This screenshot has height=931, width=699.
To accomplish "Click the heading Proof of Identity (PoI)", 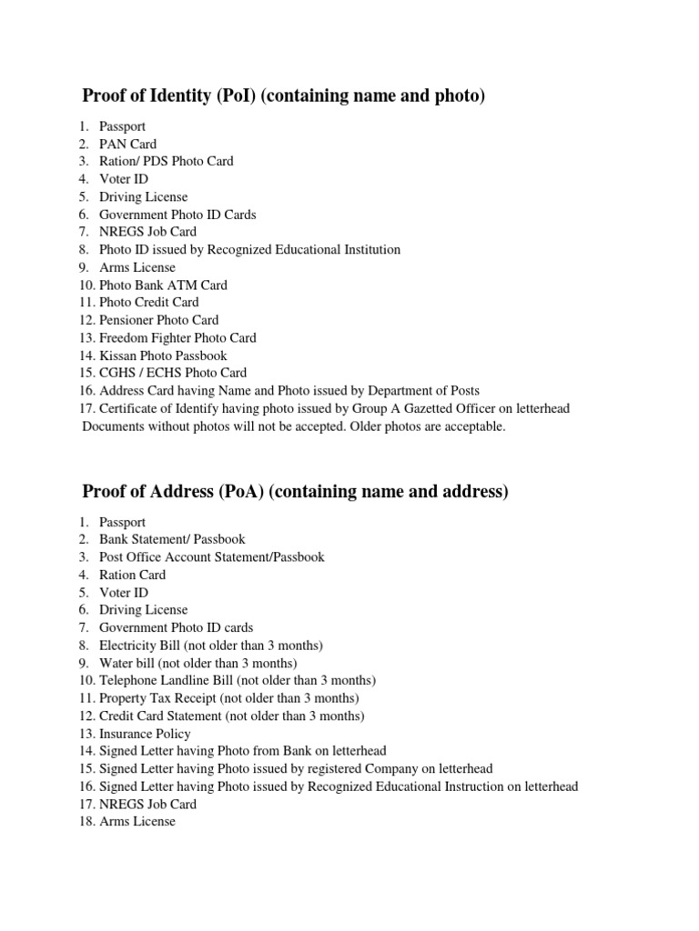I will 283,95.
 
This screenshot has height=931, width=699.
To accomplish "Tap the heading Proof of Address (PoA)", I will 295,492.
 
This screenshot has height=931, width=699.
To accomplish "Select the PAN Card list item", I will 127,144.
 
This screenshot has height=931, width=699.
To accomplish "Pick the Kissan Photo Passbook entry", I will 163,355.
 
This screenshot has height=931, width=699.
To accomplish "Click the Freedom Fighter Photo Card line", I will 177,337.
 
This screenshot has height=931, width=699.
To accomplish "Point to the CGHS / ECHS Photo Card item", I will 173,373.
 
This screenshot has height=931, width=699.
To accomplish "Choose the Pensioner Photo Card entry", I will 158,320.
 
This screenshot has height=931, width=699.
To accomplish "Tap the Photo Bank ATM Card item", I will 163,285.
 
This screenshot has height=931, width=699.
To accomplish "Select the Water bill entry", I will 198,663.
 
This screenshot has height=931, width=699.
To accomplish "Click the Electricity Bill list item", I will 211,646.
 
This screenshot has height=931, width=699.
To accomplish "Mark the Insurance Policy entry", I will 145,734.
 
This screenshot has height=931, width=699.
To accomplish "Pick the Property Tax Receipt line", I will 228,698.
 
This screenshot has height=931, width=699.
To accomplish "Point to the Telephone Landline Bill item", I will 237,680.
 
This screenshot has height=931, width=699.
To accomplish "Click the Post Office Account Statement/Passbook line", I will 211,556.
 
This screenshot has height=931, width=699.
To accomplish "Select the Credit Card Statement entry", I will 231,716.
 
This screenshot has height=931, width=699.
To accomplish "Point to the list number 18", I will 86,821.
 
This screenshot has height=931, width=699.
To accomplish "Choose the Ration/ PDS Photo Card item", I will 166,161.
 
